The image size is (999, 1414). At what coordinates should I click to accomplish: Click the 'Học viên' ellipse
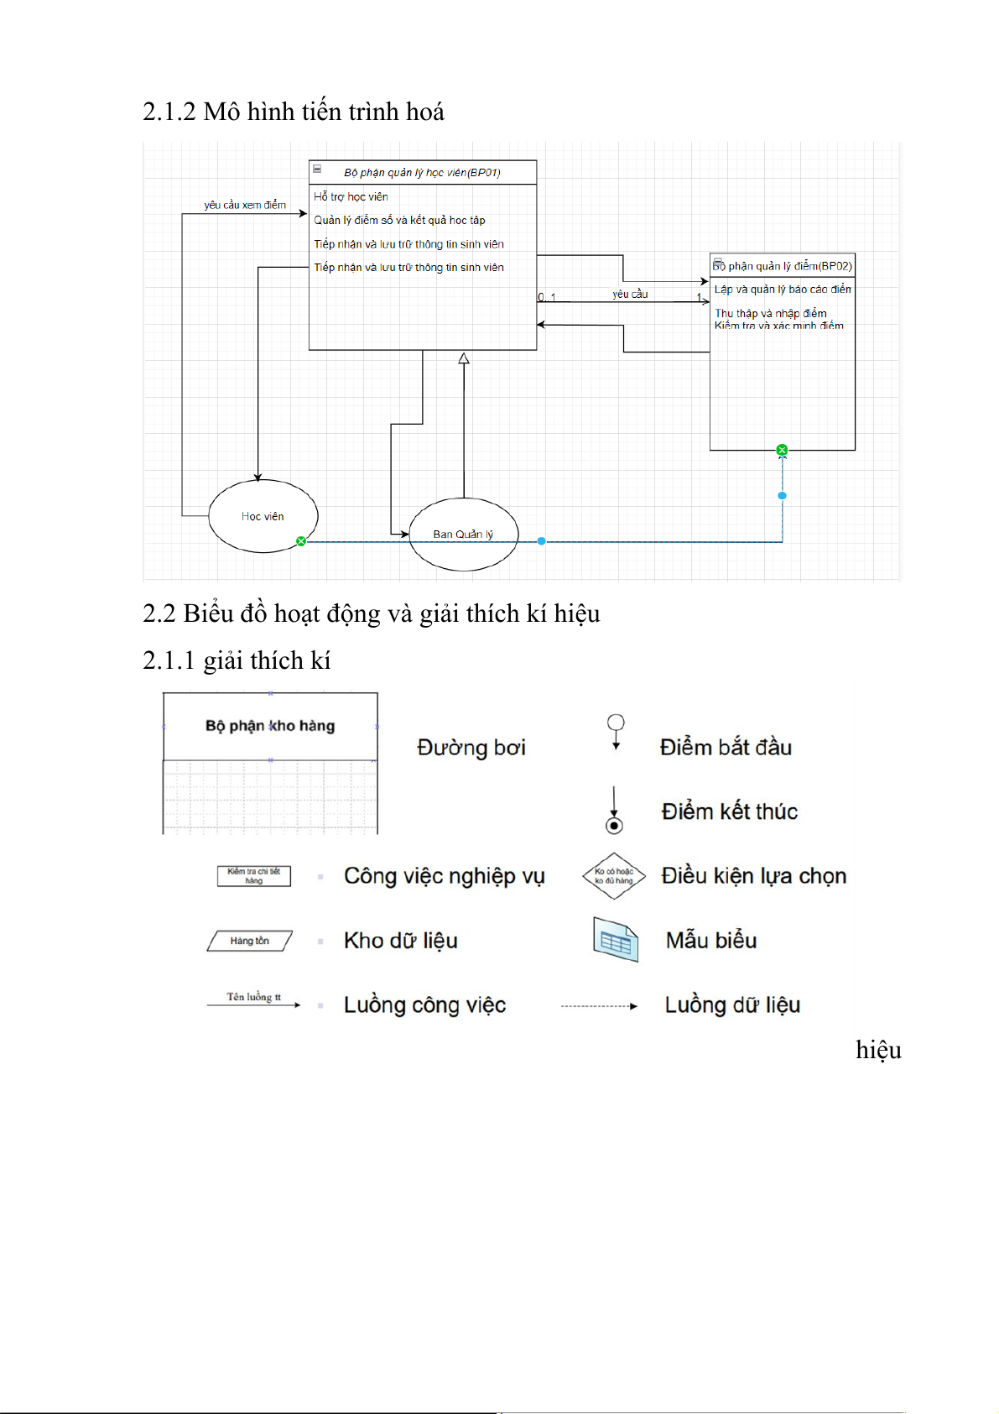point(263,516)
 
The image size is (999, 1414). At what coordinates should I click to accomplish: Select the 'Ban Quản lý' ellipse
point(463,534)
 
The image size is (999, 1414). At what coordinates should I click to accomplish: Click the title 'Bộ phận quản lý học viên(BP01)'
point(422,173)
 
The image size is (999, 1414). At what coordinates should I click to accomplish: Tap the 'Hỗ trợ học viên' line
point(351,197)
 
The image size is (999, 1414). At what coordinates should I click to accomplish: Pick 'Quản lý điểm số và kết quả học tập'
point(399,221)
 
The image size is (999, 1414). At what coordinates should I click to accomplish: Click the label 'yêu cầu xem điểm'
point(245,205)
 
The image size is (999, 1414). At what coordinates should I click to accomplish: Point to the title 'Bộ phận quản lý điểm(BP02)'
point(783,266)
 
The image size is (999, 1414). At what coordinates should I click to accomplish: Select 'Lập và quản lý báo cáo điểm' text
point(783,290)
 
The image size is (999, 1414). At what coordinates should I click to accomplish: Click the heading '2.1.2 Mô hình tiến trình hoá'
point(294,112)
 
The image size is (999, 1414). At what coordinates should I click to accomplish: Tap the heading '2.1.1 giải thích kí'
point(237,661)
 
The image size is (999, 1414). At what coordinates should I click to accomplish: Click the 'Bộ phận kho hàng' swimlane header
point(270,726)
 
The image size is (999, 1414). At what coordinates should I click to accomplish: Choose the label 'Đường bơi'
point(471,748)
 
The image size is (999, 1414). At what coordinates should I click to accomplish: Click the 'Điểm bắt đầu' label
point(726,747)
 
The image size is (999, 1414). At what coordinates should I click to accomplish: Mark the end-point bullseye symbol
point(614,826)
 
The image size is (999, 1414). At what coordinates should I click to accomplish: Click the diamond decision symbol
point(614,876)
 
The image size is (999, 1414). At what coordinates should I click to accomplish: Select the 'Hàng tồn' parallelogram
point(250,941)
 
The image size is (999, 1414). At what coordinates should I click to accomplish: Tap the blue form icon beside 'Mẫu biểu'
point(616,940)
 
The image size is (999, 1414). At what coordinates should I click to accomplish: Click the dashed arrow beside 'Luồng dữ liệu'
point(599,1005)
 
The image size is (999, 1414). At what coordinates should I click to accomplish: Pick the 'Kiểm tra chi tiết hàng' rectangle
point(253,876)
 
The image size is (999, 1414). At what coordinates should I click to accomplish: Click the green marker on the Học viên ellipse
point(301,541)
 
